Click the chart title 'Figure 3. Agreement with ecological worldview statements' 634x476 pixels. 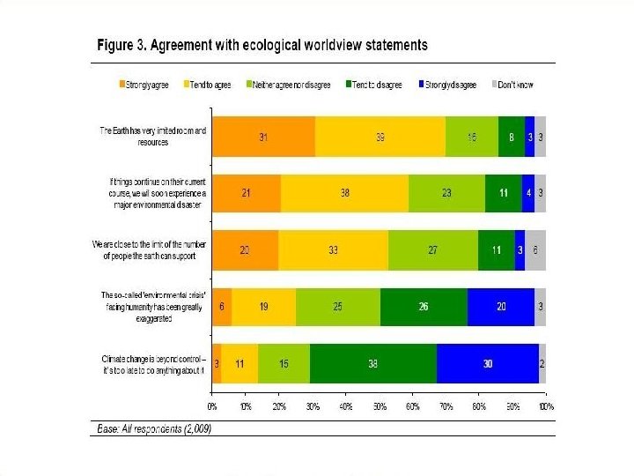coord(262,44)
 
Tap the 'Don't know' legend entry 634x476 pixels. coord(515,85)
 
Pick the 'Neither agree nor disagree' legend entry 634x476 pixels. coord(291,85)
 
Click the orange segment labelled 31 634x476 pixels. coord(263,137)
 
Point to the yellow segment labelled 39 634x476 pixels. coord(380,137)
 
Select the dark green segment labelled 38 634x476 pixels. coord(373,363)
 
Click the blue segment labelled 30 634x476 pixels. coord(488,363)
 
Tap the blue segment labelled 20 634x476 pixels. coord(501,307)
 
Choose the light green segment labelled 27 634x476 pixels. coord(432,249)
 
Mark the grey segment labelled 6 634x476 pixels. coord(535,249)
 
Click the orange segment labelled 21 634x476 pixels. coord(247,193)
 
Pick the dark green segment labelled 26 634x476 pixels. coord(424,307)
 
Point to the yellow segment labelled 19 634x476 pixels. coord(264,307)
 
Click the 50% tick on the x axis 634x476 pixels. coord(380,407)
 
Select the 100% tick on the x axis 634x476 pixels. coord(546,407)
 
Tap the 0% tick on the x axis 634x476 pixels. coord(212,407)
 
